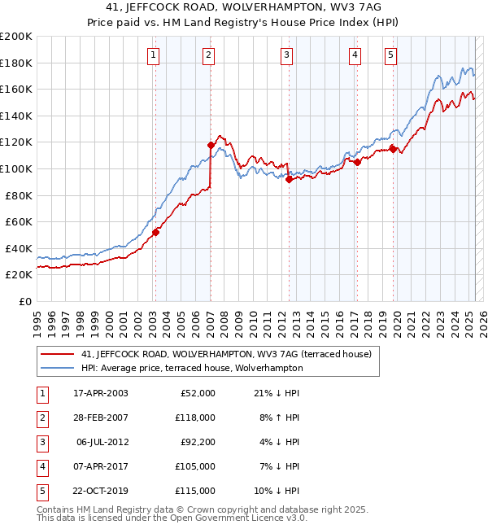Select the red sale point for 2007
pos(211,145)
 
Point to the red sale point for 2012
pos(289,179)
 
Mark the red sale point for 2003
pos(155,232)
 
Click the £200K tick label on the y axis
pos(15,36)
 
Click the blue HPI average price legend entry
pos(191,368)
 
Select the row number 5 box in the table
pos(41,491)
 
